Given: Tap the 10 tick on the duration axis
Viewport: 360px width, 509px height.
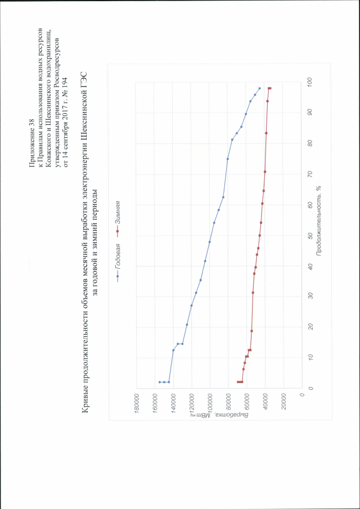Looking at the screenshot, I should click(x=311, y=357).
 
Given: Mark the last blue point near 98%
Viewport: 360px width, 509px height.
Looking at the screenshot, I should click(x=259, y=88).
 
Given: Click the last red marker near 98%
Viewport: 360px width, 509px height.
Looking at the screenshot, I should click(x=270, y=88).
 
